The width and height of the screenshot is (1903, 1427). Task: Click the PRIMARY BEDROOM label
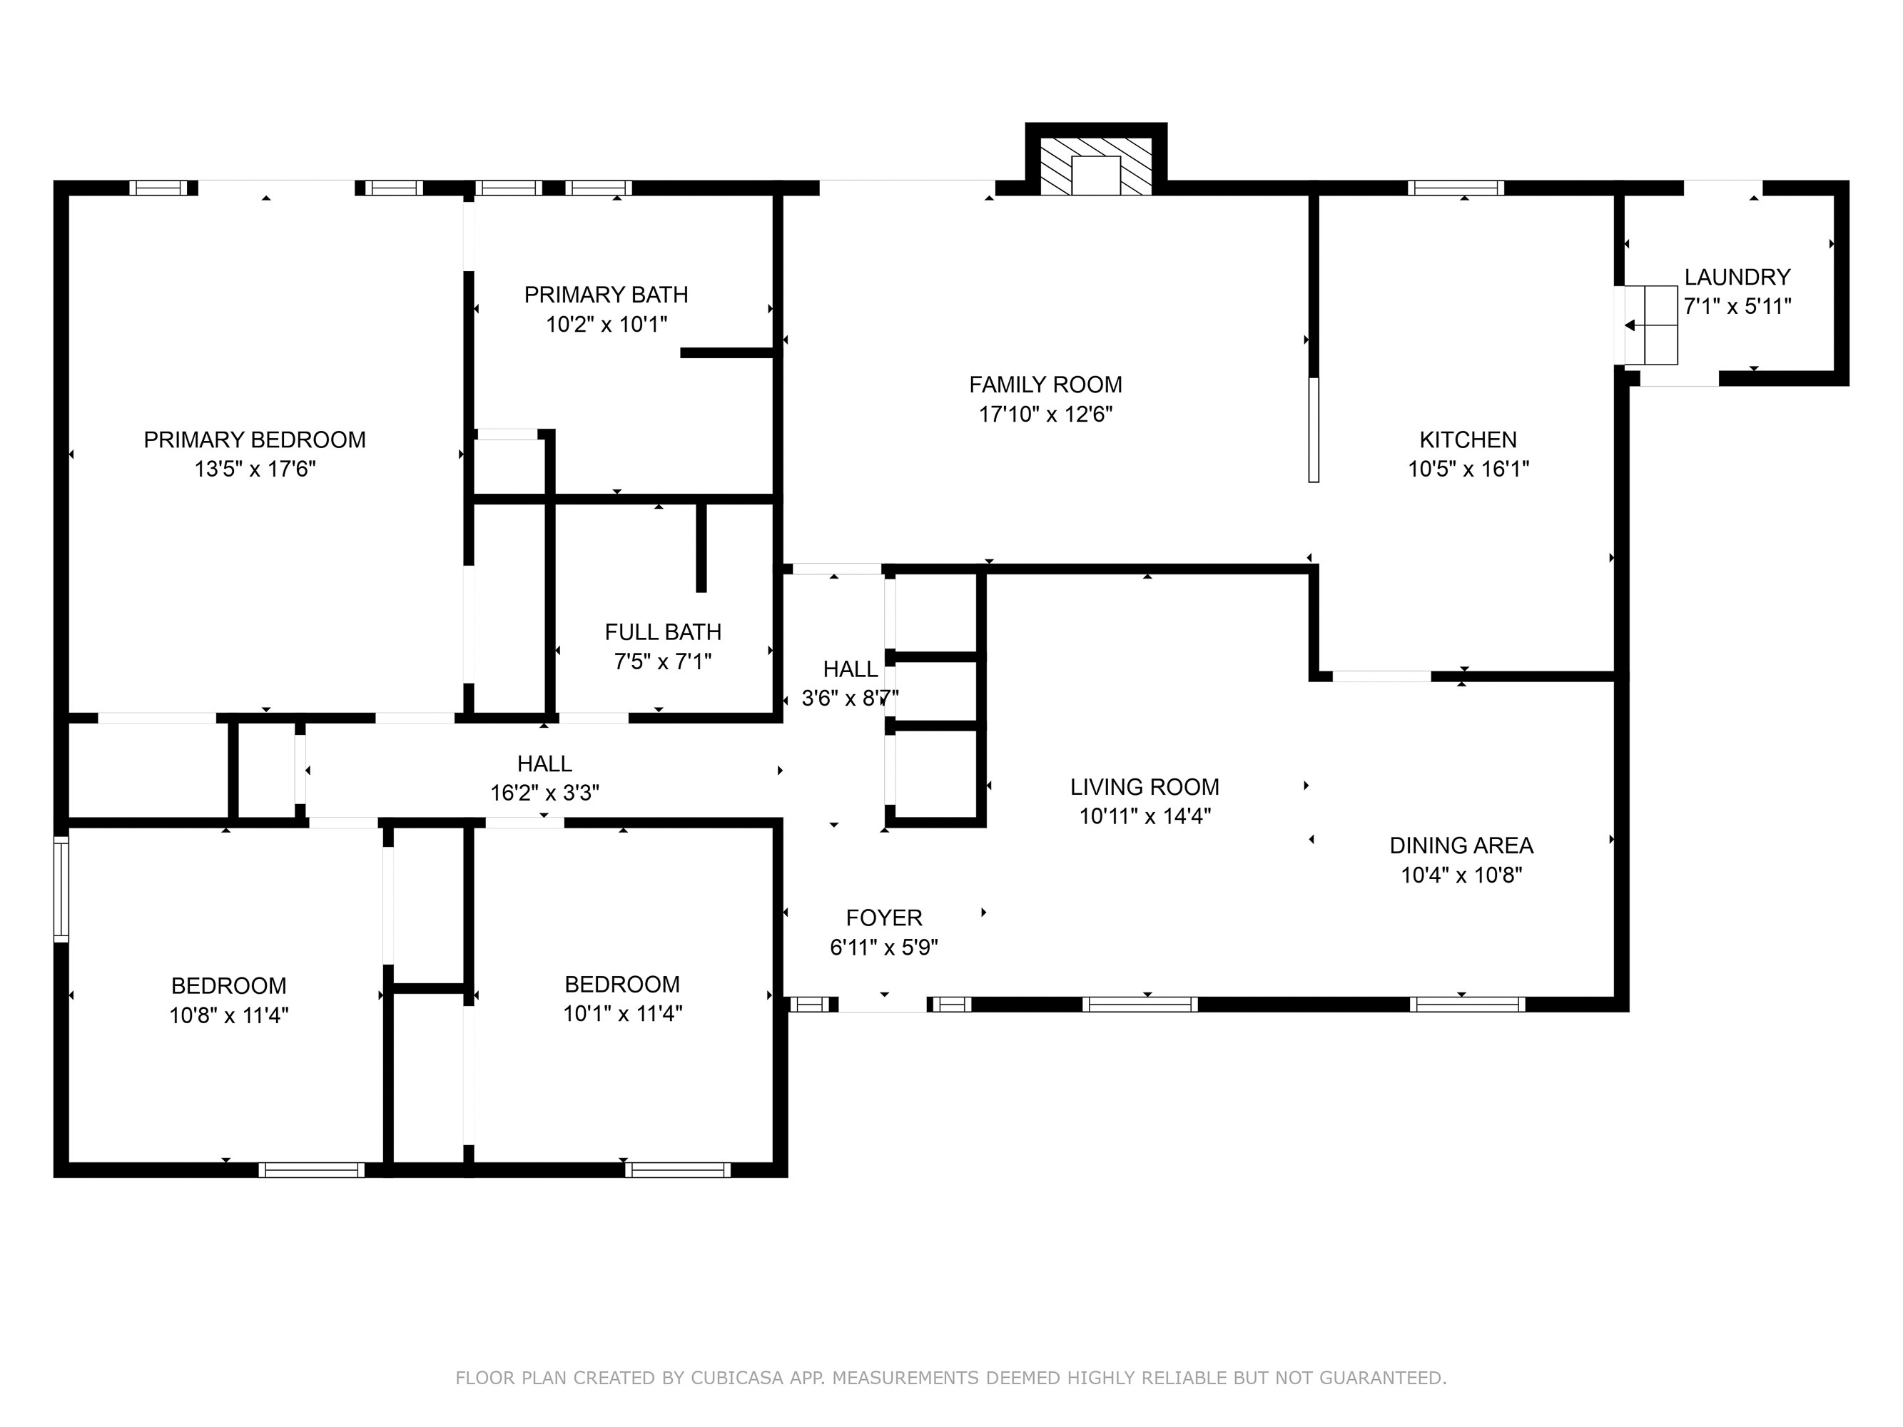(x=255, y=440)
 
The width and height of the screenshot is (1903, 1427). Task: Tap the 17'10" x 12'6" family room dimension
(x=1045, y=415)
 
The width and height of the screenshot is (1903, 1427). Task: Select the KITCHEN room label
(x=1468, y=440)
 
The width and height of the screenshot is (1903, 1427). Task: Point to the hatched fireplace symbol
(x=1095, y=167)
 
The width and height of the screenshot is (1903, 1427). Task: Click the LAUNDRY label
(x=1737, y=277)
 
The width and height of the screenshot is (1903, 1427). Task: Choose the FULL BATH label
(x=662, y=632)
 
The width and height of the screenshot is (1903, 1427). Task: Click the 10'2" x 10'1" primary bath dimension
(x=607, y=324)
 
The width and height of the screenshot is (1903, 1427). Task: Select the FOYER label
(x=883, y=918)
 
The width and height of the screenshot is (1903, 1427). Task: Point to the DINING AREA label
(x=1461, y=845)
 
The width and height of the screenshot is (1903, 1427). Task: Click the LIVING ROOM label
(x=1145, y=787)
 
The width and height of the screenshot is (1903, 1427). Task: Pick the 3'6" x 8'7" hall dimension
(x=850, y=699)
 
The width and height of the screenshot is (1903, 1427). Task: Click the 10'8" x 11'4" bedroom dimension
(x=228, y=1016)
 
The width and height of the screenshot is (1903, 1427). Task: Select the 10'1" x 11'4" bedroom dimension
(x=622, y=1014)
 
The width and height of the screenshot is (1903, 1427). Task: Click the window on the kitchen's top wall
(x=1456, y=188)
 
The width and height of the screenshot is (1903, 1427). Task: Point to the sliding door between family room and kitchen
(x=1313, y=430)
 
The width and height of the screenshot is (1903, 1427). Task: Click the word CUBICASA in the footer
(x=736, y=1378)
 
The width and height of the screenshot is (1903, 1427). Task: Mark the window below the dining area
(x=1467, y=1004)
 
